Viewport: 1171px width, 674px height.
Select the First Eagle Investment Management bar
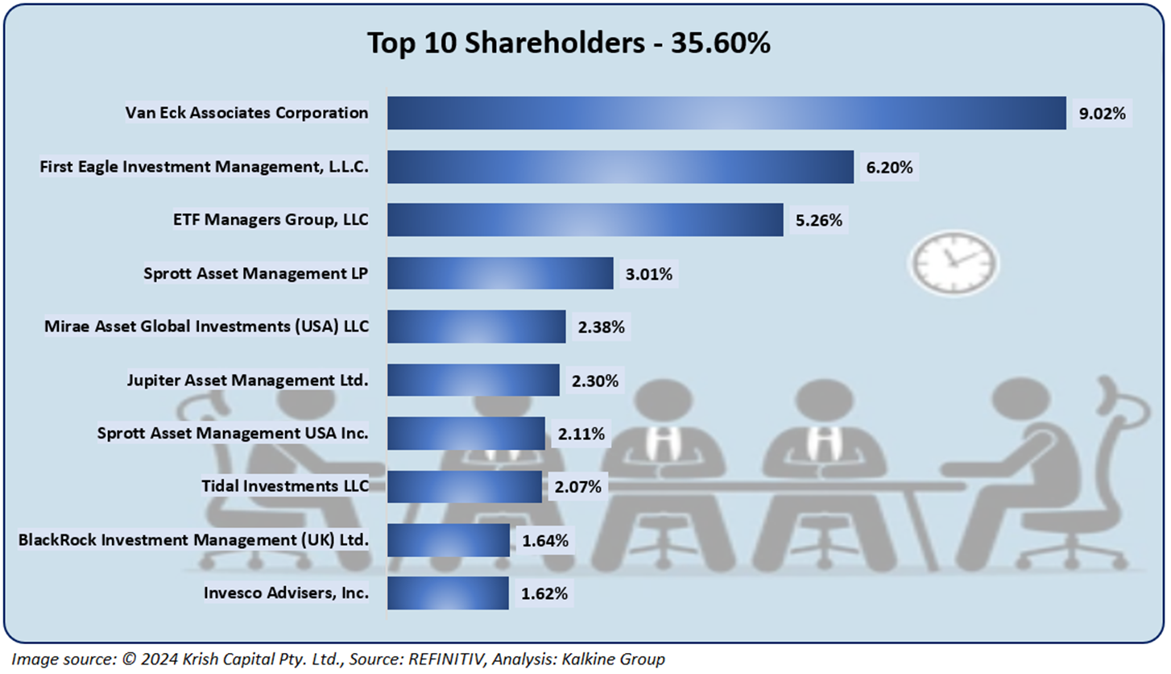click(x=620, y=167)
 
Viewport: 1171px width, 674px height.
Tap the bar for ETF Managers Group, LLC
click(x=585, y=220)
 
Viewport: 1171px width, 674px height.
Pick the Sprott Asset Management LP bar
click(x=500, y=273)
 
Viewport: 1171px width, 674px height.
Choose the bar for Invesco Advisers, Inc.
click(x=448, y=593)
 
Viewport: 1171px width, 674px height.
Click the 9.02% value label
click(x=1101, y=114)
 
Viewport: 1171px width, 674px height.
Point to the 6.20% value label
click(x=888, y=167)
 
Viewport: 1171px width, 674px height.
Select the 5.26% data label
click(x=818, y=220)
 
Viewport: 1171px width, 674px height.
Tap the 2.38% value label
click(x=601, y=327)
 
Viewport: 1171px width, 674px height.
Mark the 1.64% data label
click(x=544, y=540)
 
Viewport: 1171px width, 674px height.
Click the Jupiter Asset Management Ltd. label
click(x=247, y=380)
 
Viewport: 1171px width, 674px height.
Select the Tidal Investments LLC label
click(x=284, y=486)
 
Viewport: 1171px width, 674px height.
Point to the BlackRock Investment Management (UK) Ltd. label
click(x=193, y=539)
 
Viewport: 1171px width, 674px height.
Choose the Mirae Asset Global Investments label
click(x=206, y=327)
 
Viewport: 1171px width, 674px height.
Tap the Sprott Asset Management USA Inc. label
click(x=232, y=433)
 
